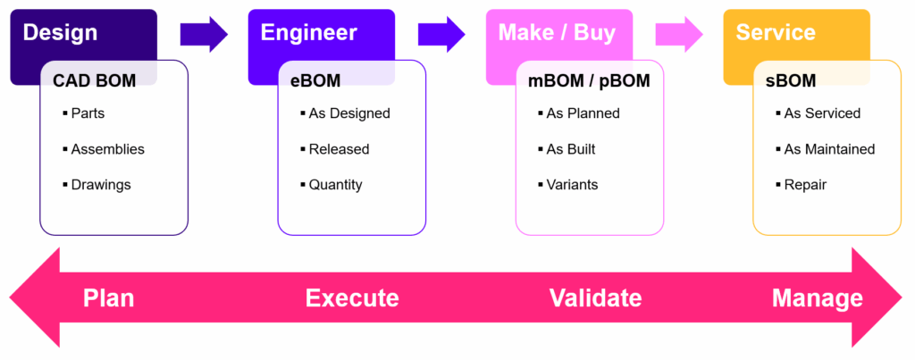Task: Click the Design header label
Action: (60, 34)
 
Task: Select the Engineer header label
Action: (308, 34)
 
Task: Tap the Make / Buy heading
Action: (557, 34)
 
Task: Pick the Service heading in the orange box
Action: (776, 34)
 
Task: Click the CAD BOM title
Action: (95, 81)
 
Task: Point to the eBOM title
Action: (315, 81)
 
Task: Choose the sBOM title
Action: (791, 81)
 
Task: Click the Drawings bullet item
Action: (100, 185)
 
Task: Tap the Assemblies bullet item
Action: (107, 149)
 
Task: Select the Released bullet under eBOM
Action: (339, 149)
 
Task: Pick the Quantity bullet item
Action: (335, 185)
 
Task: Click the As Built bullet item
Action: (570, 149)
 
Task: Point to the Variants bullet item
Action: (572, 185)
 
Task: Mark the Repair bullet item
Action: (805, 185)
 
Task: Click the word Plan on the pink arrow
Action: (108, 298)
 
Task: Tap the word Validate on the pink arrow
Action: (595, 298)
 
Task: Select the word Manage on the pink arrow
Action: (817, 298)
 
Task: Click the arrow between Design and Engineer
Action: (205, 34)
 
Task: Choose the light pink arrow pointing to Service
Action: (680, 34)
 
